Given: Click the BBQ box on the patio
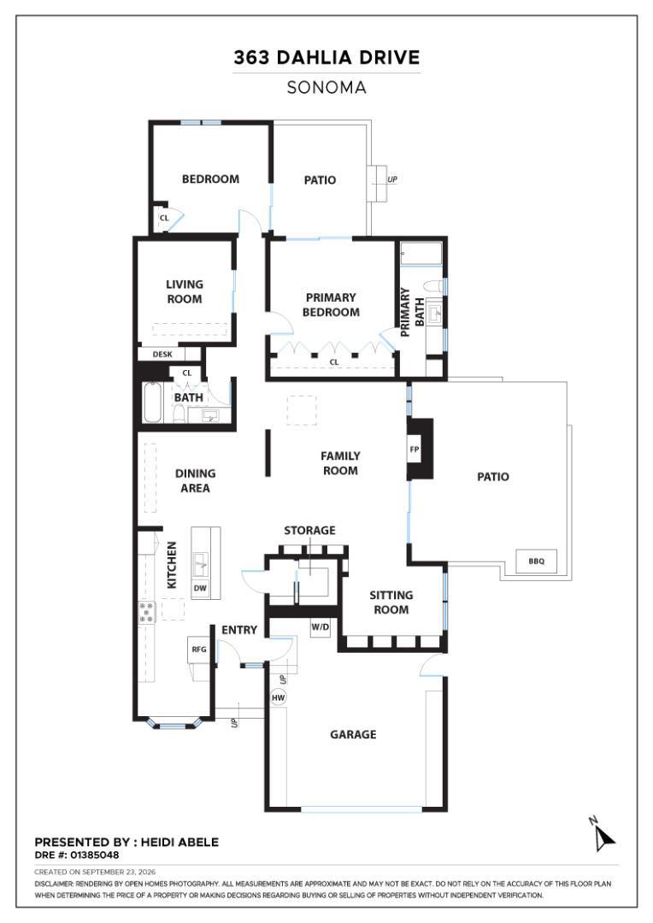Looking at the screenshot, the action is point(536,561).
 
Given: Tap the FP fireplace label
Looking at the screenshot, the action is point(414,450).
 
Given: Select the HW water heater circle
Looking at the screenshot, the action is point(278,697).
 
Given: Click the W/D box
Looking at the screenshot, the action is point(321,627).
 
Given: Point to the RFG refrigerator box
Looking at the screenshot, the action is point(199,650).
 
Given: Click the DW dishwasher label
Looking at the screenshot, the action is point(200,588).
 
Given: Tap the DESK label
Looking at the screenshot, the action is point(162,355).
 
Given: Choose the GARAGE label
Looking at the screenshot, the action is point(353,734).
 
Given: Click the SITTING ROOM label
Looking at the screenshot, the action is point(391,603).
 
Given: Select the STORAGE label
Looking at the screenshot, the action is point(309,531).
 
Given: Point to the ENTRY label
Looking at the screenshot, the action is point(239,630).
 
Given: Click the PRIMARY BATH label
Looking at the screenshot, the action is point(412,312).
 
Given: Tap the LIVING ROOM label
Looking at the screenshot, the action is point(185,291).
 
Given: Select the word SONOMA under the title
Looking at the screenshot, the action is point(326,88).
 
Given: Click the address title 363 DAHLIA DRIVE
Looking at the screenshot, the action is point(326,57).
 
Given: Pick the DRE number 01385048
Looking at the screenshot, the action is point(94,855).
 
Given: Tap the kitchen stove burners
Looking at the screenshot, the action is point(147,612).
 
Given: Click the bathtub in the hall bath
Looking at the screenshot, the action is point(152,403).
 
